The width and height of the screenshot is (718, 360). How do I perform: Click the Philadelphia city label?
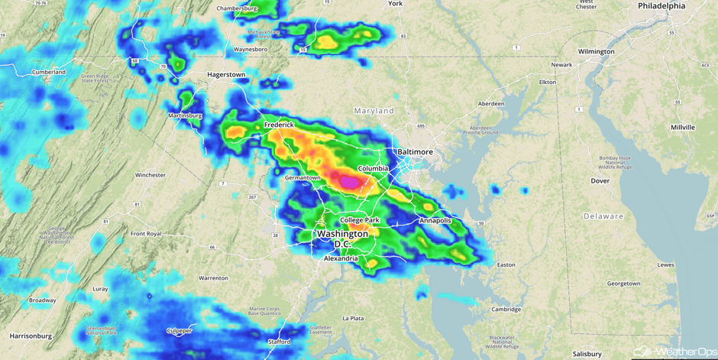[x=661, y=6]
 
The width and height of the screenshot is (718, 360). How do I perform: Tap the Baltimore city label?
[x=413, y=152]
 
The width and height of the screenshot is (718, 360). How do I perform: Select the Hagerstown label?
[x=226, y=75]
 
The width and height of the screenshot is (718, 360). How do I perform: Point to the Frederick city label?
[x=279, y=125]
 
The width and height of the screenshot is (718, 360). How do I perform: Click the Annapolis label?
[x=435, y=221]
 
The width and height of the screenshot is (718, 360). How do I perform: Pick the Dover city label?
[x=600, y=181]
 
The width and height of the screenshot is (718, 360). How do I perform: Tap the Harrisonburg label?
[x=31, y=336]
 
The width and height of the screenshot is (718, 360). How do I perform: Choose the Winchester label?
[x=150, y=175]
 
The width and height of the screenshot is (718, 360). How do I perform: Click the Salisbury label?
[x=587, y=354]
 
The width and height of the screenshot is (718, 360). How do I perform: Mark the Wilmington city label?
[x=596, y=52]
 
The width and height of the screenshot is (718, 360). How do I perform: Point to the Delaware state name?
[x=603, y=216]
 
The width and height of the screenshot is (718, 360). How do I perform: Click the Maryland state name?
[x=374, y=111]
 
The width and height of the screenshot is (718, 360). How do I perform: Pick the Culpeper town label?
[x=179, y=331]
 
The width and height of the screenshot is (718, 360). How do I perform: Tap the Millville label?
[x=682, y=127]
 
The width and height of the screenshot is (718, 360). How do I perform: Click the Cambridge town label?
[x=506, y=310]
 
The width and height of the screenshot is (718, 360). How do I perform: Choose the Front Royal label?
[x=146, y=234]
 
